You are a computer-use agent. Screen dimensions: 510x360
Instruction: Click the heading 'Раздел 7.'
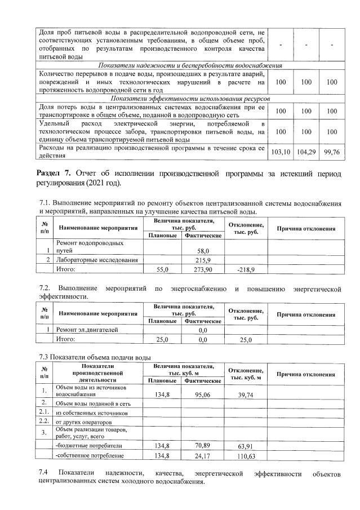click(55, 172)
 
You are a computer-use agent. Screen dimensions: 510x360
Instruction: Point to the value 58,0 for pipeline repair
click(203, 250)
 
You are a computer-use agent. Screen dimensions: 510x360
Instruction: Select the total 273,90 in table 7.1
click(203, 270)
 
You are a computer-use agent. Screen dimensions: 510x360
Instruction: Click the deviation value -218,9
click(246, 270)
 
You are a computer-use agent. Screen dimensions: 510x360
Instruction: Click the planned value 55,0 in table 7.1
click(162, 270)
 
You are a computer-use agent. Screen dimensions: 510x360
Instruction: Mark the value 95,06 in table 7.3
click(203, 394)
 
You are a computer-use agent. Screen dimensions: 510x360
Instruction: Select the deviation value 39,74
click(246, 394)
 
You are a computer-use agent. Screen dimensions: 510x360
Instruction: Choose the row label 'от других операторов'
click(83, 422)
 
